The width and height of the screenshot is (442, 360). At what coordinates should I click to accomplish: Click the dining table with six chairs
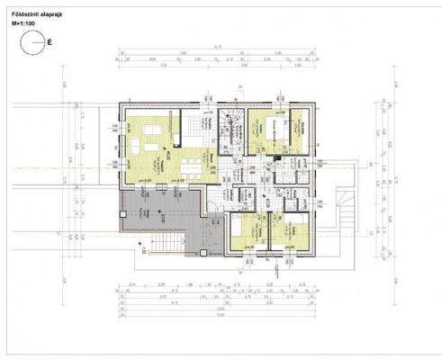pyautogui.click(x=192, y=166)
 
